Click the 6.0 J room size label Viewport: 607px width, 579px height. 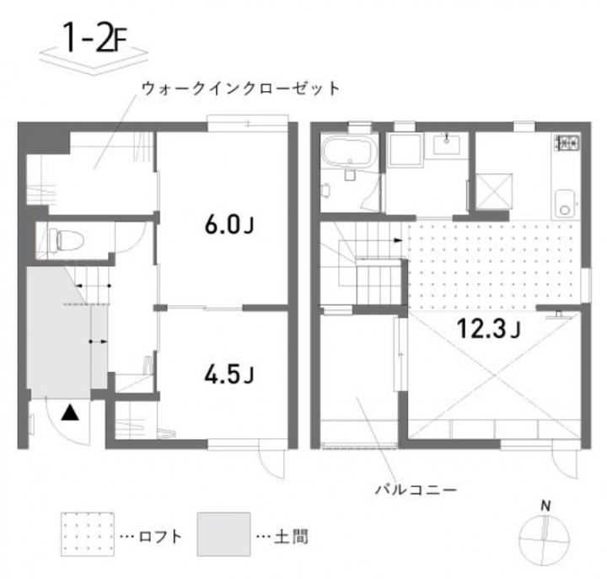[228, 225]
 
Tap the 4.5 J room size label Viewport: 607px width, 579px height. [228, 374]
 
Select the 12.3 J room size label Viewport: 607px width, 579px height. [489, 328]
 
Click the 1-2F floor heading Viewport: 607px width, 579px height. [94, 38]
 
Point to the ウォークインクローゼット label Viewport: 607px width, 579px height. [241, 88]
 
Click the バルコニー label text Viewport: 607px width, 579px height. [416, 491]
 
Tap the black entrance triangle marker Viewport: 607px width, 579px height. [70, 412]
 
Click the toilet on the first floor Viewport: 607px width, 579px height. [66, 240]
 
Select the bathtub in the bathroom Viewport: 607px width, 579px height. [349, 152]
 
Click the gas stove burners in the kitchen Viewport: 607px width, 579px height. [567, 142]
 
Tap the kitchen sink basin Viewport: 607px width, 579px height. [565, 203]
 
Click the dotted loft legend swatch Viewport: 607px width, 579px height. [88, 534]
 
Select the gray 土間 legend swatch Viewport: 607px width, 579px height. [223, 534]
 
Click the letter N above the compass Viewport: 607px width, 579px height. [545, 506]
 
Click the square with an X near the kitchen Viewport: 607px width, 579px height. [494, 191]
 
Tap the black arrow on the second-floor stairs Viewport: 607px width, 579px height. [398, 240]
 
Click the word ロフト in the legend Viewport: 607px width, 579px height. [160, 536]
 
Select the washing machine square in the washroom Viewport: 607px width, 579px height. [405, 151]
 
